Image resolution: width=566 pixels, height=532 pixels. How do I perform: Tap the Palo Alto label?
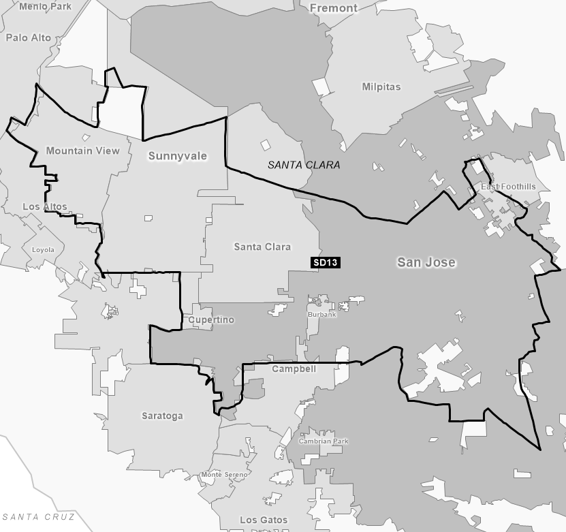[x=29, y=37]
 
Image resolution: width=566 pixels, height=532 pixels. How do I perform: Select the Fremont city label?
[x=333, y=8]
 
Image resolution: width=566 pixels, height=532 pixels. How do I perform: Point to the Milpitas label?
[x=381, y=87]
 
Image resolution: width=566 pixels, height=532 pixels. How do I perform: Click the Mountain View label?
[x=82, y=151]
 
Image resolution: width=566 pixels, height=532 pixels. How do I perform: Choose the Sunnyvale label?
[x=177, y=156]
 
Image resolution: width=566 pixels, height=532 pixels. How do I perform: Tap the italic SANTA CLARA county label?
[x=304, y=165]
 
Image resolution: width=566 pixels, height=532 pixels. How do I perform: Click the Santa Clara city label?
[x=262, y=247]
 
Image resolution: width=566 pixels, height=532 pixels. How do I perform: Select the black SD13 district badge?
[x=325, y=262]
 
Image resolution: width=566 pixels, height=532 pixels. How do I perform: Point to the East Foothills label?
[x=508, y=187]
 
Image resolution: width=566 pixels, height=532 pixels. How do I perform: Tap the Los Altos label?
[x=45, y=206]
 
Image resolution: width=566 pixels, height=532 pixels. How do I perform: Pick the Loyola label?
[x=43, y=250]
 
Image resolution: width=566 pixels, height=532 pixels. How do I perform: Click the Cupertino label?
[x=211, y=319]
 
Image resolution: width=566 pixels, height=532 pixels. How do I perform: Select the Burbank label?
[x=322, y=315]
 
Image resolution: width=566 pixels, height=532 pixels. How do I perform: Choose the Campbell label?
[x=294, y=369]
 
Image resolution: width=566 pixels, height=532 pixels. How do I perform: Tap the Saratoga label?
[x=162, y=416]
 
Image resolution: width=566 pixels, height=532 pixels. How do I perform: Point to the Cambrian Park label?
[x=324, y=441]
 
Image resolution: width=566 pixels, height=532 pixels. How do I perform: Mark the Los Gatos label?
[x=264, y=520]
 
